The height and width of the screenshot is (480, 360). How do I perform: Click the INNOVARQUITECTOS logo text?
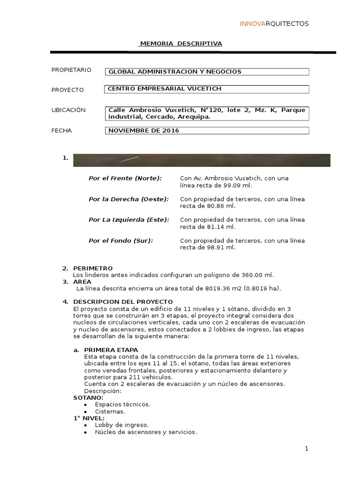coord(274,24)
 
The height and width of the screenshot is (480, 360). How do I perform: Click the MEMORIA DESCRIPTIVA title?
coord(181,44)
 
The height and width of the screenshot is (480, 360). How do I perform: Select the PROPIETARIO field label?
coord(71,70)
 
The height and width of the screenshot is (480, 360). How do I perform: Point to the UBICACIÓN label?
coord(68,110)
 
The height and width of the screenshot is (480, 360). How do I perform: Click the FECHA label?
coord(61,131)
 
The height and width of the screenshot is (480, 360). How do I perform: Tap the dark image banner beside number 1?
coord(202,160)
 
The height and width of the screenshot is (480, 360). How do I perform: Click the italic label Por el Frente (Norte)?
coord(125,179)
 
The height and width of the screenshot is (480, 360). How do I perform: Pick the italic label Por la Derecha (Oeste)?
coord(128,199)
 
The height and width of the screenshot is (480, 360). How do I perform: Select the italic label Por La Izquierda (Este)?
coord(129,220)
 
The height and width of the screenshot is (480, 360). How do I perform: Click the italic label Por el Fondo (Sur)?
coord(121,240)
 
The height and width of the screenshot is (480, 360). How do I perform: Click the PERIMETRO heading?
coord(93,268)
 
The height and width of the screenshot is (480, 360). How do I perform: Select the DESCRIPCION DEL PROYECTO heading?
coord(123,301)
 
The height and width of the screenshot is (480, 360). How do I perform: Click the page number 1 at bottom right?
coord(307,449)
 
